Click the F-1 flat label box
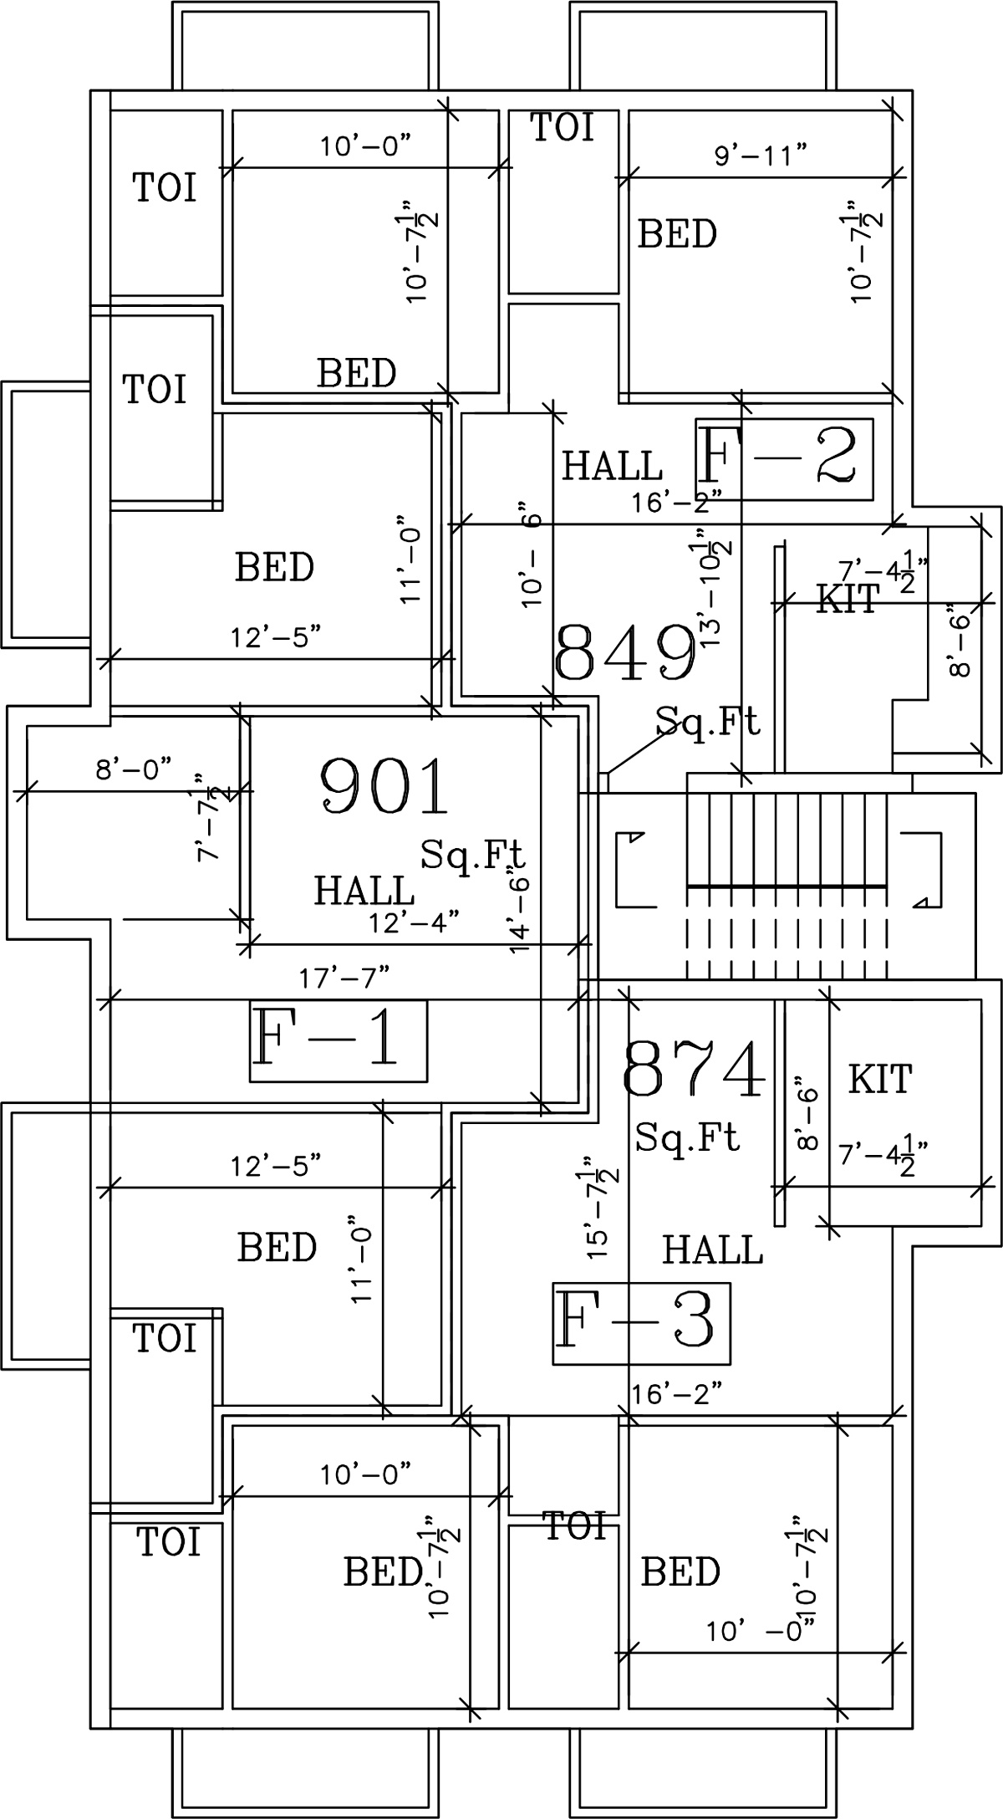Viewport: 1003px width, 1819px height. pos(339,1040)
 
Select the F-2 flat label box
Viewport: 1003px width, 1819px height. pos(784,459)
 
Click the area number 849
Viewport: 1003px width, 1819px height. pos(626,653)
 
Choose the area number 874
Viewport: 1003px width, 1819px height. pos(695,1070)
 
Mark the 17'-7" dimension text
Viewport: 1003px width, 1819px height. pos(344,975)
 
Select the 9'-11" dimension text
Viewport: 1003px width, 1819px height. pos(761,155)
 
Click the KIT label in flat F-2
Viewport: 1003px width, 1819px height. pos(848,600)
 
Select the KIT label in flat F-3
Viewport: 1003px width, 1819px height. pos(880,1079)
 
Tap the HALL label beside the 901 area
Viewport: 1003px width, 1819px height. pos(364,891)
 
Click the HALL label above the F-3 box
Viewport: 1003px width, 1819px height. pos(712,1250)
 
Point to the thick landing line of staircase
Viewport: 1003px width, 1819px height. pos(786,885)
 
